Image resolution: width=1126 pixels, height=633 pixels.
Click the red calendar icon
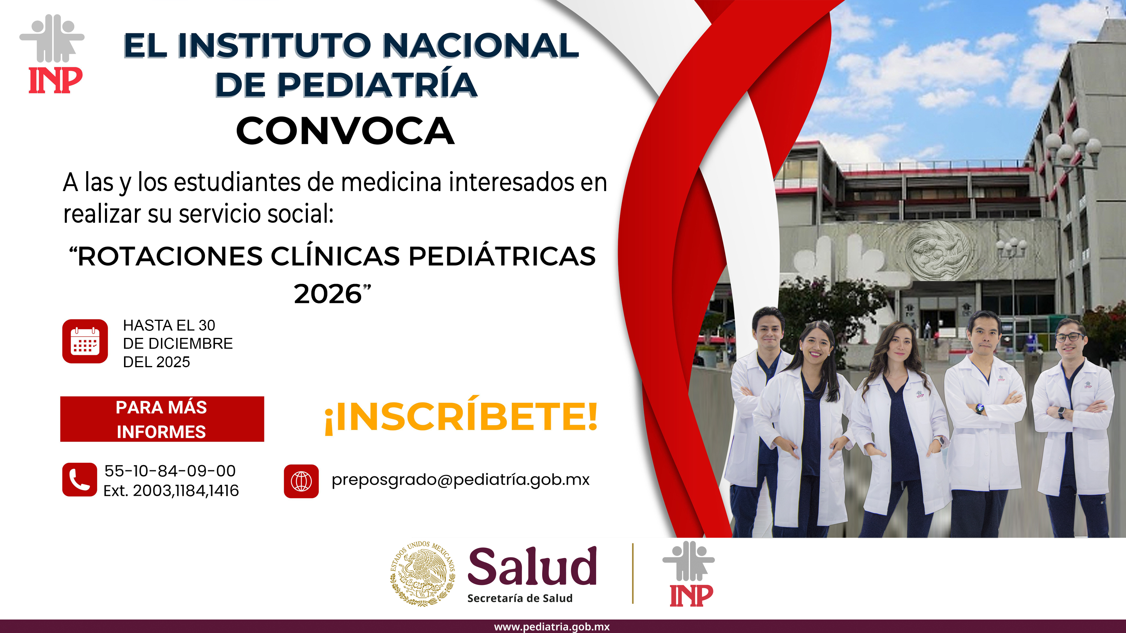[x=85, y=341]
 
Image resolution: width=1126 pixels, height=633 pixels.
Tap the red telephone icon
[x=79, y=480]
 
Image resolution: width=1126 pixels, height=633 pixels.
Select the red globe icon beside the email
[x=301, y=481]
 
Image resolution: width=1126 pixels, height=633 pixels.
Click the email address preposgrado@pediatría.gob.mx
[x=461, y=480]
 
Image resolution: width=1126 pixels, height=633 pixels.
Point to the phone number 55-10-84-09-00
[x=170, y=471]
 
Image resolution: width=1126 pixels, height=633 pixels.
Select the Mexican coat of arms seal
[x=422, y=573]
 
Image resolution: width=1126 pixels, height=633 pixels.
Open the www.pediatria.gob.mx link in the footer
[x=552, y=627]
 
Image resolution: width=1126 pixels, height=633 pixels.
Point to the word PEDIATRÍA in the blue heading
[x=377, y=84]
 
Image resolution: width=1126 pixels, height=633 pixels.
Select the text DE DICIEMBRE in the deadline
[x=178, y=344]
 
